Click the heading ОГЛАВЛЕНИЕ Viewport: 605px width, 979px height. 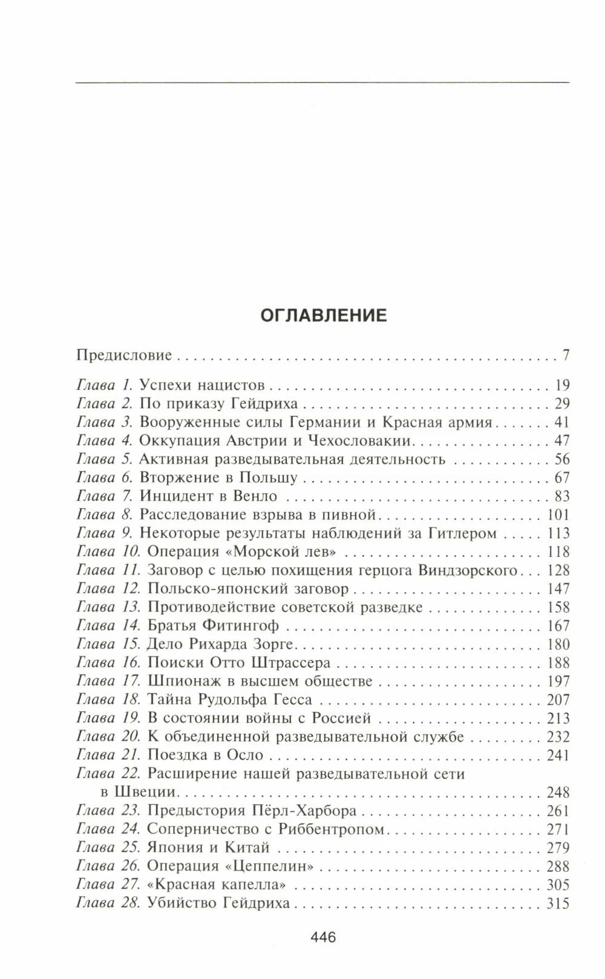pyautogui.click(x=323, y=315)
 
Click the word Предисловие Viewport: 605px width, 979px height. pyautogui.click(x=124, y=355)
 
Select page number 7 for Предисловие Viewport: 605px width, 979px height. pyautogui.click(x=566, y=355)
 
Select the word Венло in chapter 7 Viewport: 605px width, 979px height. pyautogui.click(x=254, y=496)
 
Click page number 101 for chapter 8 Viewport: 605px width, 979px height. pyautogui.click(x=557, y=515)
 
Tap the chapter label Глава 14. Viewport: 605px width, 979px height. pyautogui.click(x=108, y=625)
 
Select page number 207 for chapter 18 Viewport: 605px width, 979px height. pyautogui.click(x=557, y=700)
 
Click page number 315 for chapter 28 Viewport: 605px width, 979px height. pyautogui.click(x=557, y=903)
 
